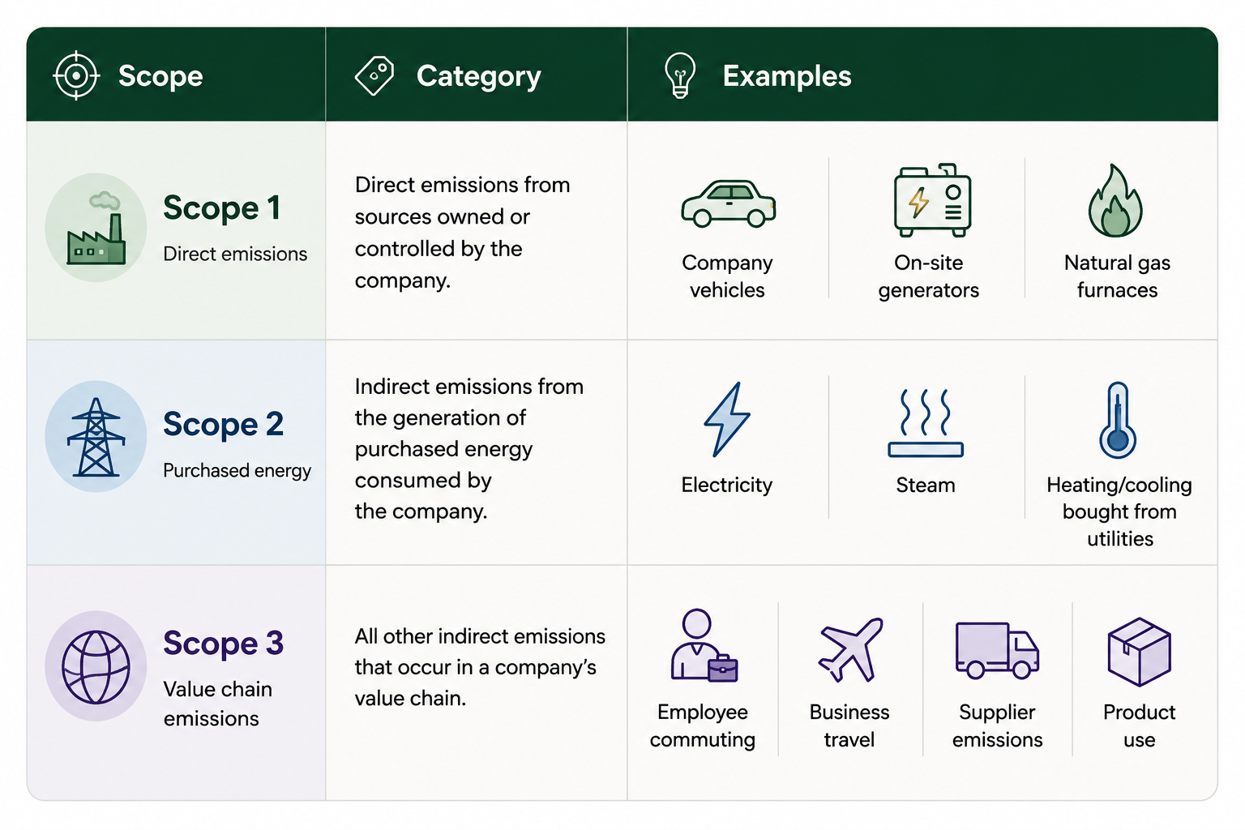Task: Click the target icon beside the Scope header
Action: (76, 75)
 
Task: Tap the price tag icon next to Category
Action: (374, 75)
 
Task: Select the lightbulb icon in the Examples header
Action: (680, 75)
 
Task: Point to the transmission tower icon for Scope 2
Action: (96, 437)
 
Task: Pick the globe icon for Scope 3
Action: (96, 667)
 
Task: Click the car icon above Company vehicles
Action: (728, 203)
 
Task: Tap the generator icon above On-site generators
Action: (932, 200)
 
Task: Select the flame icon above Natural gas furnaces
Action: (1115, 201)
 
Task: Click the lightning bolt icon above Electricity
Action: (726, 420)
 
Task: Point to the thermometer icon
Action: (1117, 421)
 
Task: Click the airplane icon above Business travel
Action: (850, 649)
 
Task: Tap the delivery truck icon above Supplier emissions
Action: (997, 650)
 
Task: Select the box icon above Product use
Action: (1140, 652)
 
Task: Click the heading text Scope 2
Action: (224, 424)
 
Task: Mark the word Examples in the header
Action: (787, 75)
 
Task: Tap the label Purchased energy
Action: (237, 471)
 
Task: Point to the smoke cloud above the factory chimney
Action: (105, 200)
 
